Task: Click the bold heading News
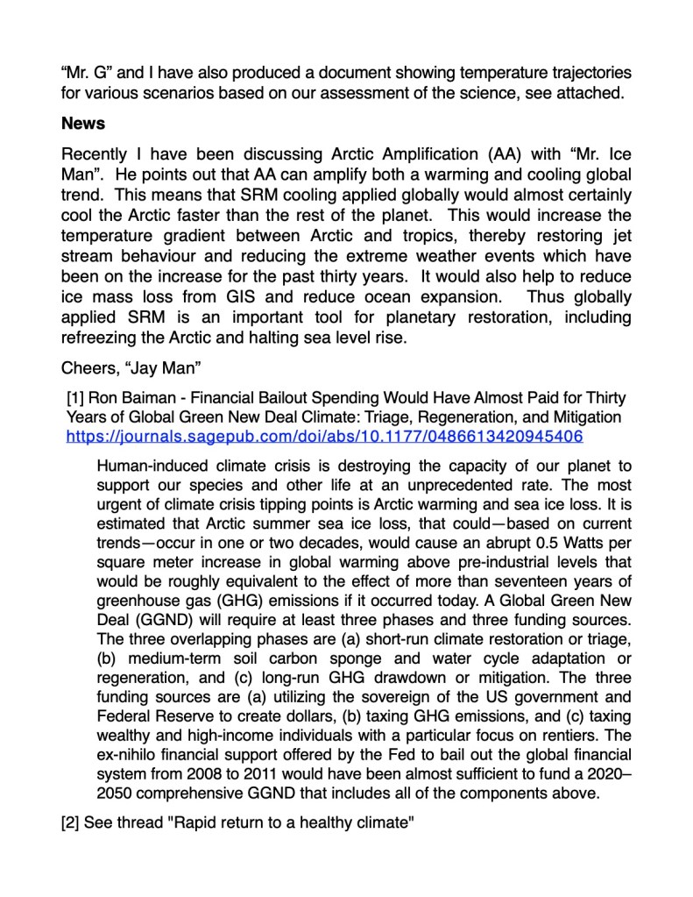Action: tap(83, 125)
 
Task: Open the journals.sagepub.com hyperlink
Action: tap(325, 436)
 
